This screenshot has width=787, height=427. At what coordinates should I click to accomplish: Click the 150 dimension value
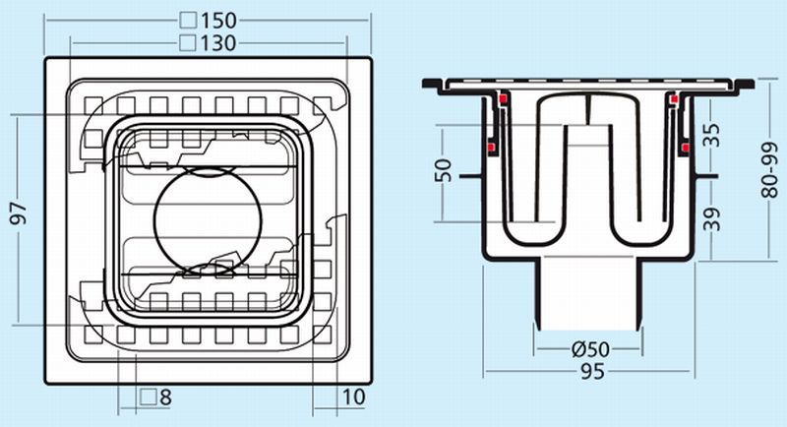tap(218, 20)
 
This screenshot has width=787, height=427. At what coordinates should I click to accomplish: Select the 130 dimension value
tap(218, 43)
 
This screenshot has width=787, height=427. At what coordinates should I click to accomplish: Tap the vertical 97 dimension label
tap(20, 214)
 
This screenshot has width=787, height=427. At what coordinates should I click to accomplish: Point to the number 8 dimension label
tap(165, 397)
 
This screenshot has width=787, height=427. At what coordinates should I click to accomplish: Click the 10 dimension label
tap(353, 396)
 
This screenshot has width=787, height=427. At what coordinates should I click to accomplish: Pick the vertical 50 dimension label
tap(444, 170)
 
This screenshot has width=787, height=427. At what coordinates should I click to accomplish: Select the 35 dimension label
tap(710, 135)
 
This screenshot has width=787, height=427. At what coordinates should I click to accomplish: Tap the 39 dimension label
tap(710, 218)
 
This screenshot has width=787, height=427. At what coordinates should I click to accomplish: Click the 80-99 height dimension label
tap(769, 169)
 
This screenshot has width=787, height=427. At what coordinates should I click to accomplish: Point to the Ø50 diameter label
tap(591, 348)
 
